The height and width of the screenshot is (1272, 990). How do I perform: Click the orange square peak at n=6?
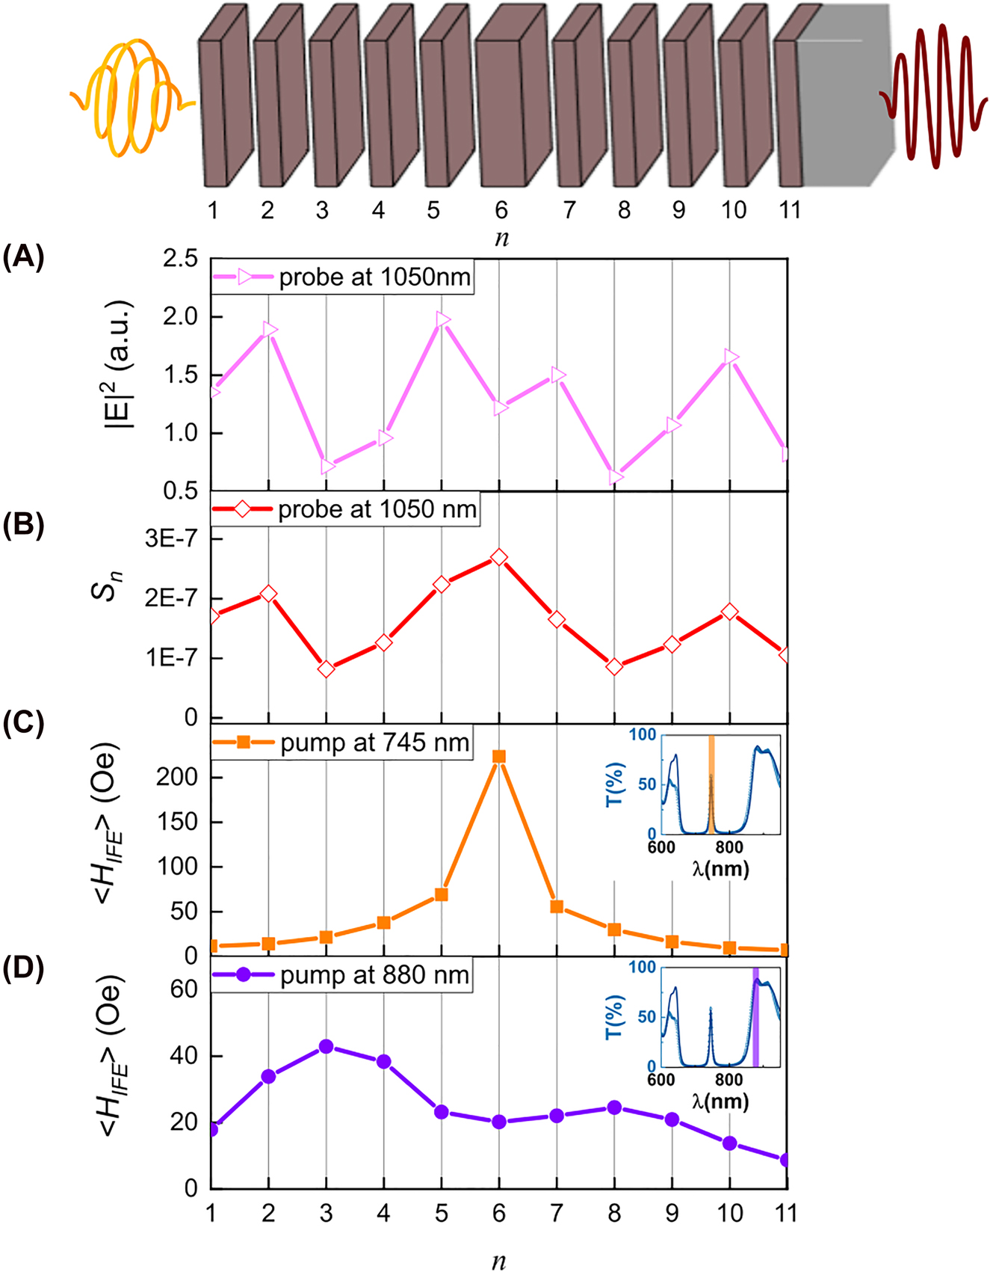coord(499,757)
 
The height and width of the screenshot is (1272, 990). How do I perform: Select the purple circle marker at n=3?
coord(326,1046)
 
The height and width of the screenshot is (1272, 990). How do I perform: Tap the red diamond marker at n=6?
coord(499,557)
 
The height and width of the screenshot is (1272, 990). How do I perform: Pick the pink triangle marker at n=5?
coord(442,320)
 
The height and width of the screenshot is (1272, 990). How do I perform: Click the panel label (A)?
coord(23,257)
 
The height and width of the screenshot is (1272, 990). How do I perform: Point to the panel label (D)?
coord(23,968)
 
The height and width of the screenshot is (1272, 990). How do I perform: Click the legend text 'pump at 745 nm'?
coord(375,743)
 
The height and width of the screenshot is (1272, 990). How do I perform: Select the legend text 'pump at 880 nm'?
coord(375,976)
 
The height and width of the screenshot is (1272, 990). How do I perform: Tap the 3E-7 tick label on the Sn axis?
coord(173,538)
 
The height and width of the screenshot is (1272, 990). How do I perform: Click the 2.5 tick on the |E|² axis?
coord(181,259)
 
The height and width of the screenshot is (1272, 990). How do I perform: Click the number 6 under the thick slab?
coord(501,210)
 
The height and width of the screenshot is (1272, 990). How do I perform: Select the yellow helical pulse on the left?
coord(131,97)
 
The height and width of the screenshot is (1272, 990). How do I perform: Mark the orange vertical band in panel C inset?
coord(711,784)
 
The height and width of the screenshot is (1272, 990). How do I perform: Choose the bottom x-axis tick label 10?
coord(730,1213)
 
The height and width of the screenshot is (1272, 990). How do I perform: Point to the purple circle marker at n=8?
coord(614,1107)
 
